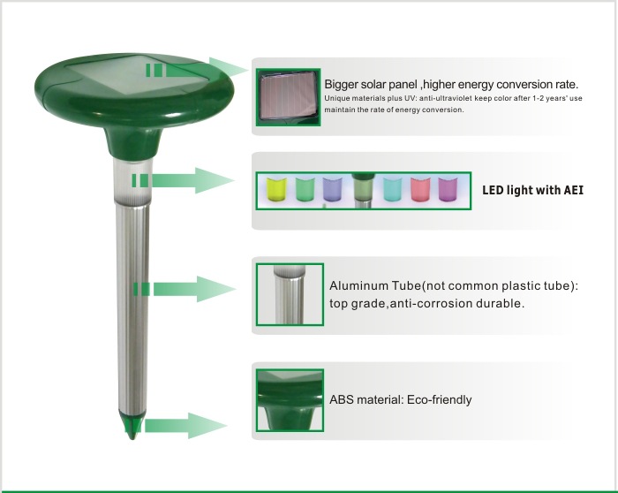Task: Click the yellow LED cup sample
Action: click(x=276, y=189)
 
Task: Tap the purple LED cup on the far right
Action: click(x=448, y=189)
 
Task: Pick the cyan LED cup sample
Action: click(x=393, y=189)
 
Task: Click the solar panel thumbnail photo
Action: click(x=288, y=97)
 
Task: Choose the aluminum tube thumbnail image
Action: click(x=290, y=294)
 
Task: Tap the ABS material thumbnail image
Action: click(x=290, y=400)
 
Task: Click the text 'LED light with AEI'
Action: click(x=532, y=190)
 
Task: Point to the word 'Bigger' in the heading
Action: click(x=341, y=85)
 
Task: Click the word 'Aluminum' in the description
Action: click(x=358, y=285)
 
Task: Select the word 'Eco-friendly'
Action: click(x=439, y=400)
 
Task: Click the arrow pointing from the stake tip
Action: click(x=185, y=426)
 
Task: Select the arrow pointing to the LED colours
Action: click(x=184, y=180)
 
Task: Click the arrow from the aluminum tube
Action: click(x=185, y=289)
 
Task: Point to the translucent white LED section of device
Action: click(x=132, y=180)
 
